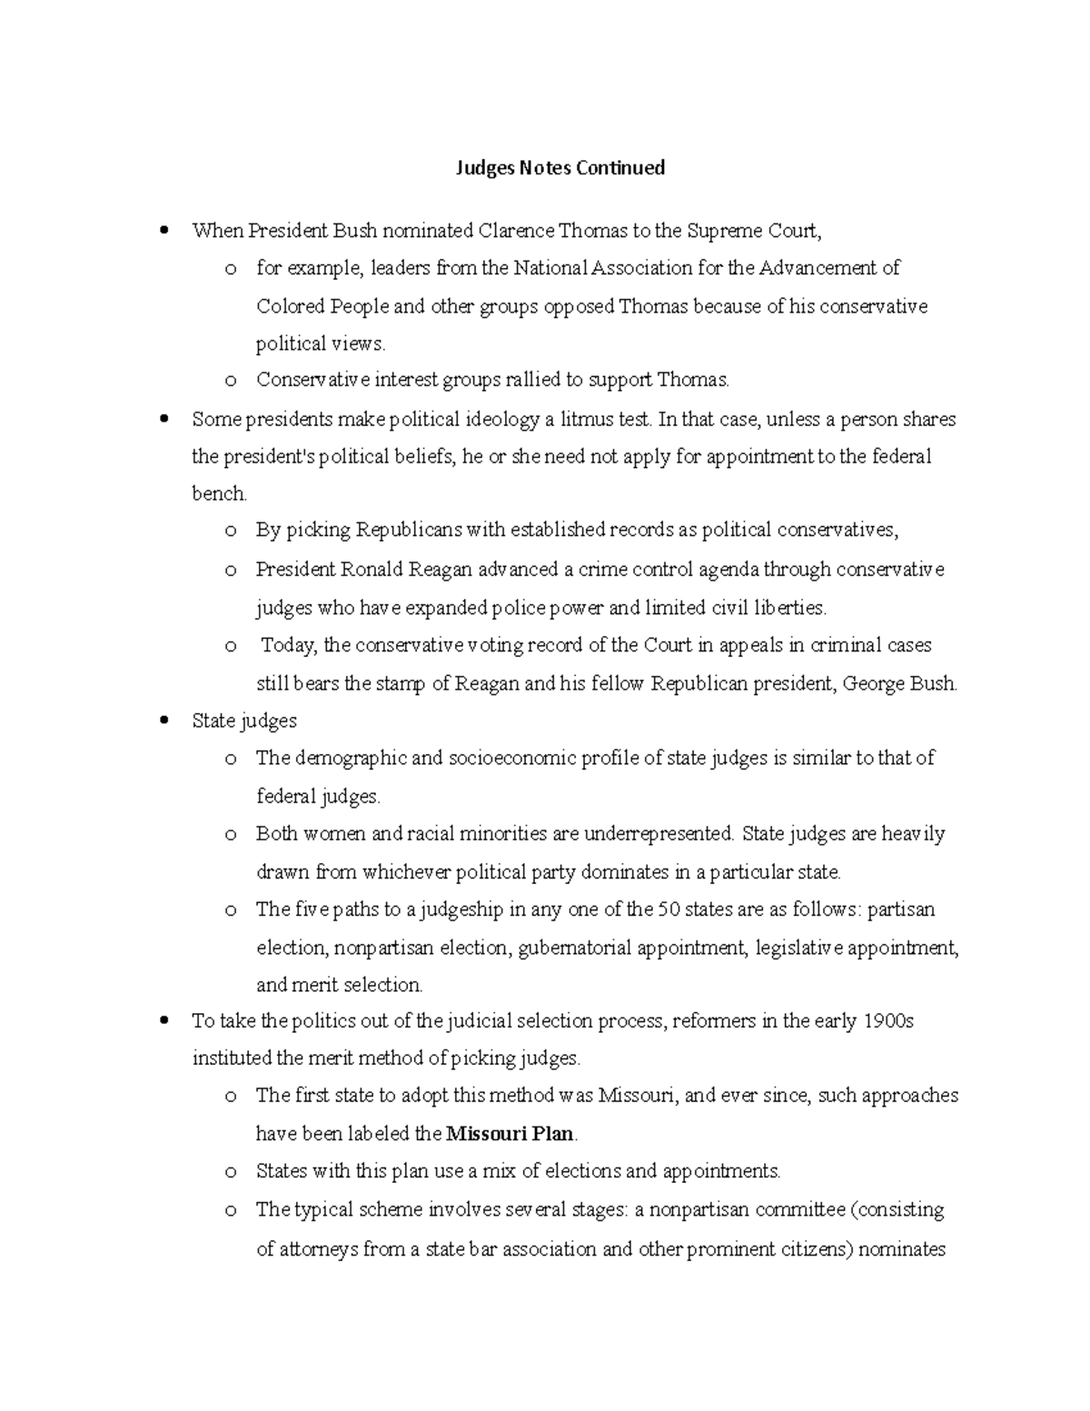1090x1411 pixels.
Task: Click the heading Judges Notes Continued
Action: [560, 168]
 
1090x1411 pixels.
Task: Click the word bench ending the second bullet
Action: [218, 494]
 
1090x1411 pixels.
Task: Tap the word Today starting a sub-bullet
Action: [288, 646]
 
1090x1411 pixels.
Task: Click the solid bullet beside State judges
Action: [163, 721]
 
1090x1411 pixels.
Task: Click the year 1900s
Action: [887, 1021]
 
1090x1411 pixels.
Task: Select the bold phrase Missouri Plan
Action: [510, 1134]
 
